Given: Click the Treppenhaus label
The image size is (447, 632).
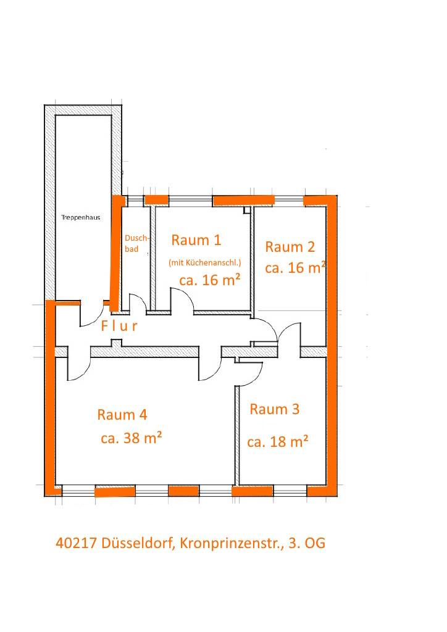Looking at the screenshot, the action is point(81,218).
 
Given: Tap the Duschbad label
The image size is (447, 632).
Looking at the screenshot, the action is point(136,243).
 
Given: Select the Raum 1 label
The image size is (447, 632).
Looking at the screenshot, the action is point(196,240).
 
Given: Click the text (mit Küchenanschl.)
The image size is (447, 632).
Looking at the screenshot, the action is point(205,263).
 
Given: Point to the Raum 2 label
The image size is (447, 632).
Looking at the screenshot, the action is point(290,247).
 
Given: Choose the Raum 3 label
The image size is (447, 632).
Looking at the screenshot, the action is point(275,409).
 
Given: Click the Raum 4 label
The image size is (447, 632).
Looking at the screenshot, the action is point(122,415).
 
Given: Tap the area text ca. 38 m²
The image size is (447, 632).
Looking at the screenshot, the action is point(132,438).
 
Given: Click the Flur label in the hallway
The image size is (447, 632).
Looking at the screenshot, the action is point(119,326).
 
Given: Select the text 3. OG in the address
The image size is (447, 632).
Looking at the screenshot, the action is point(307,543).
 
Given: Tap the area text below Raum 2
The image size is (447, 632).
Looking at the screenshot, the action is point(295,268).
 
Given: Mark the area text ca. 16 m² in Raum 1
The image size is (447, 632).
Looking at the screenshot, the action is point(209,280).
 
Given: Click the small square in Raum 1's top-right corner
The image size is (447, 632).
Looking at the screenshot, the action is point(247,210).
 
